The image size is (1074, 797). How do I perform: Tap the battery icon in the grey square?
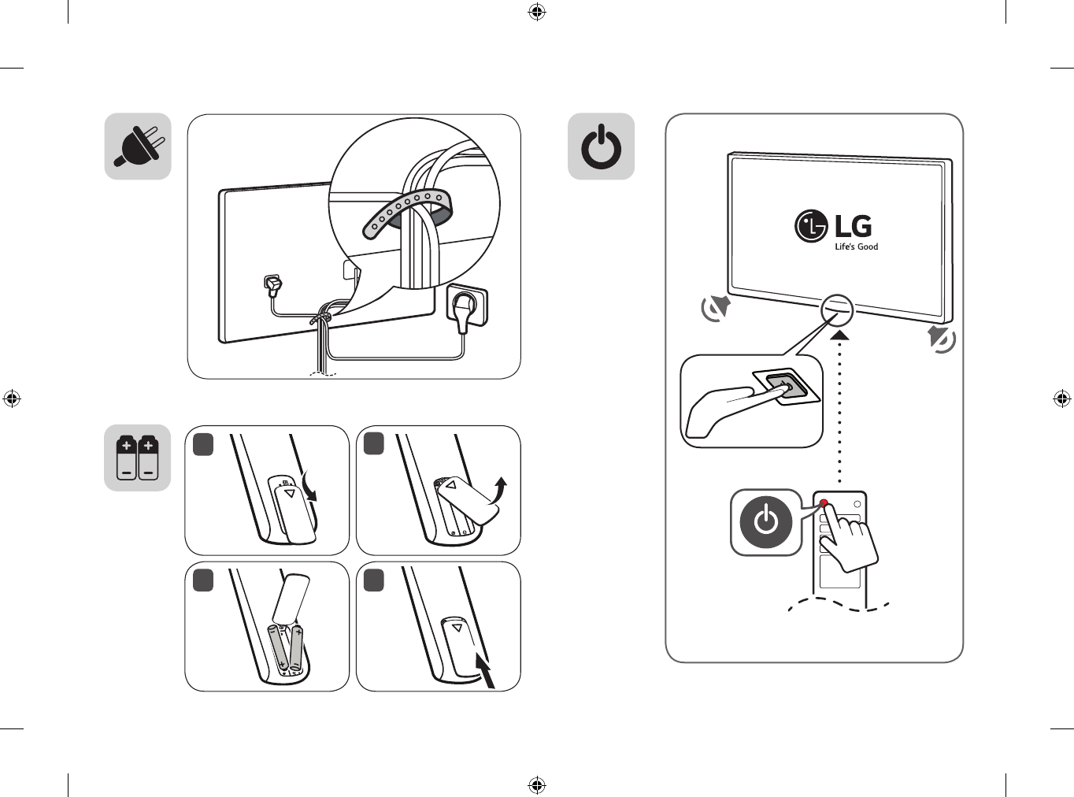138,458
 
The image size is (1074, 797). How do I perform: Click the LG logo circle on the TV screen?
810,226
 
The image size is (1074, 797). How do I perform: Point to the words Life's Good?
856,247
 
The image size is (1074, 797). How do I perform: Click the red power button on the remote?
824,503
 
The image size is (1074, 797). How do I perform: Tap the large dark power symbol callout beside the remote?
765,522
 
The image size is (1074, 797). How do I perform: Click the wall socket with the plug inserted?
467,307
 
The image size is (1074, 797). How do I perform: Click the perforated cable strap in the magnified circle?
407,213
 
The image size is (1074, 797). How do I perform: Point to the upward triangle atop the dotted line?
839,335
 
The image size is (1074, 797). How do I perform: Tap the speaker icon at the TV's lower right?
941,339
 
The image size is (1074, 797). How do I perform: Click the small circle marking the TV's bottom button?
837,310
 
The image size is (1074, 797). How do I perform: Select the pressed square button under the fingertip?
780,387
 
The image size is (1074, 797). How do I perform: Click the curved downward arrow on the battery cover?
309,486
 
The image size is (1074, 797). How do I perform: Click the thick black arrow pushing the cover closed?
485,669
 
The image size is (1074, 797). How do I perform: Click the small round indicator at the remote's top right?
857,504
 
